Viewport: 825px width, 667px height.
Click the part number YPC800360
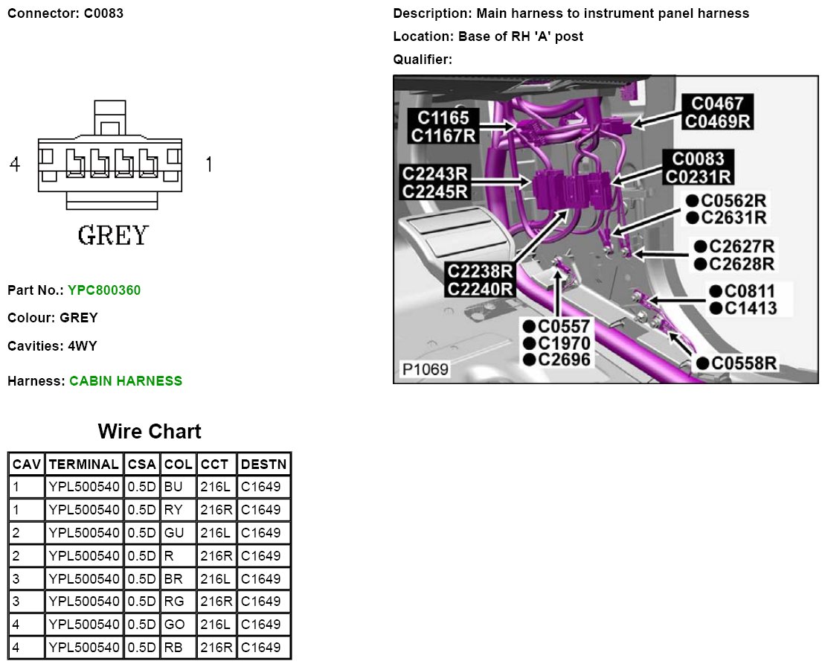click(x=103, y=290)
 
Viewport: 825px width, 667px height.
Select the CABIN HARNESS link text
click(x=125, y=381)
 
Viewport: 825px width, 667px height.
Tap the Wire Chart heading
click(x=149, y=432)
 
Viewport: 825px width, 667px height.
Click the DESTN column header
click(x=263, y=465)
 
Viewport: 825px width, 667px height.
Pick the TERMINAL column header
click(x=83, y=465)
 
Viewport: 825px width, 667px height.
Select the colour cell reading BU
click(x=173, y=488)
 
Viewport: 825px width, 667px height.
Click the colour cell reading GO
click(x=173, y=625)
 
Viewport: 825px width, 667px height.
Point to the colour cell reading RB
click(x=173, y=648)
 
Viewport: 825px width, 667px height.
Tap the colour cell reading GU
click(x=173, y=533)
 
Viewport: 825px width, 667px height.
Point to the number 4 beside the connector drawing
click(x=15, y=165)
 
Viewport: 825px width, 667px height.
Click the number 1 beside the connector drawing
click(x=208, y=165)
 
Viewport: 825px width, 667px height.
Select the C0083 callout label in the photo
click(x=699, y=159)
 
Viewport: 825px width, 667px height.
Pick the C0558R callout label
click(x=745, y=363)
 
